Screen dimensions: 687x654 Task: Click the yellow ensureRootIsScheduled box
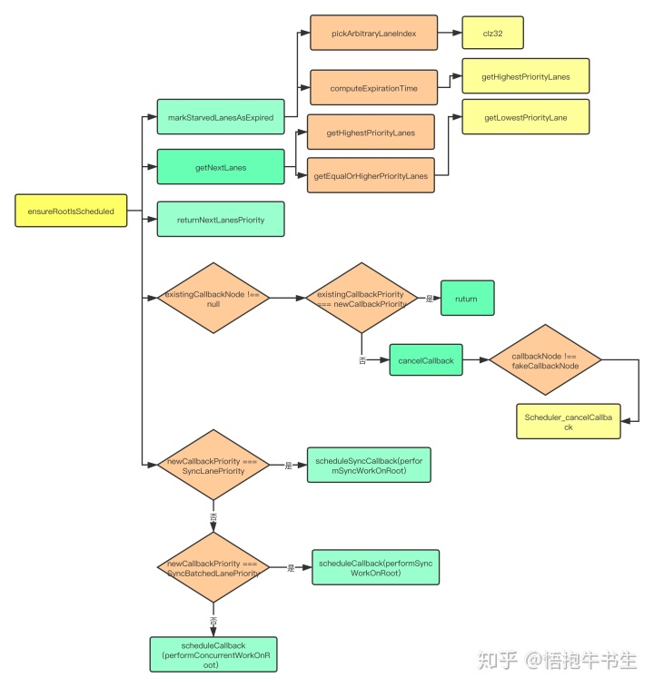pos(71,211)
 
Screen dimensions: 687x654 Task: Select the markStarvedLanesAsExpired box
pos(221,117)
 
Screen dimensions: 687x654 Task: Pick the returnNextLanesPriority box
pos(221,220)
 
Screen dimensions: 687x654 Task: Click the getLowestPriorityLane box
pos(526,117)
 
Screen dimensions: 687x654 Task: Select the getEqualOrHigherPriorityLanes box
pos(371,174)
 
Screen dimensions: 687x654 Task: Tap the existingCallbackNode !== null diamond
pos(213,298)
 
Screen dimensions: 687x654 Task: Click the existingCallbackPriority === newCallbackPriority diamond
pos(362,298)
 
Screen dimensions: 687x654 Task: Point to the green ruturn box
pos(468,298)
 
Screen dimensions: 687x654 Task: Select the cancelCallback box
pos(425,360)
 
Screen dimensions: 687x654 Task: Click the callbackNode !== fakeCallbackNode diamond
pos(545,360)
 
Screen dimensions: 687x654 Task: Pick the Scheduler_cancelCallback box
pos(569,421)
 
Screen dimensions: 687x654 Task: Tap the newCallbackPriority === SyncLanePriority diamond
pos(213,466)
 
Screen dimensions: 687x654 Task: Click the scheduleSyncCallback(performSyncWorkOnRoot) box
pos(369,466)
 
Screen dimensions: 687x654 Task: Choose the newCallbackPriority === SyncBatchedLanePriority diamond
pos(213,568)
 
